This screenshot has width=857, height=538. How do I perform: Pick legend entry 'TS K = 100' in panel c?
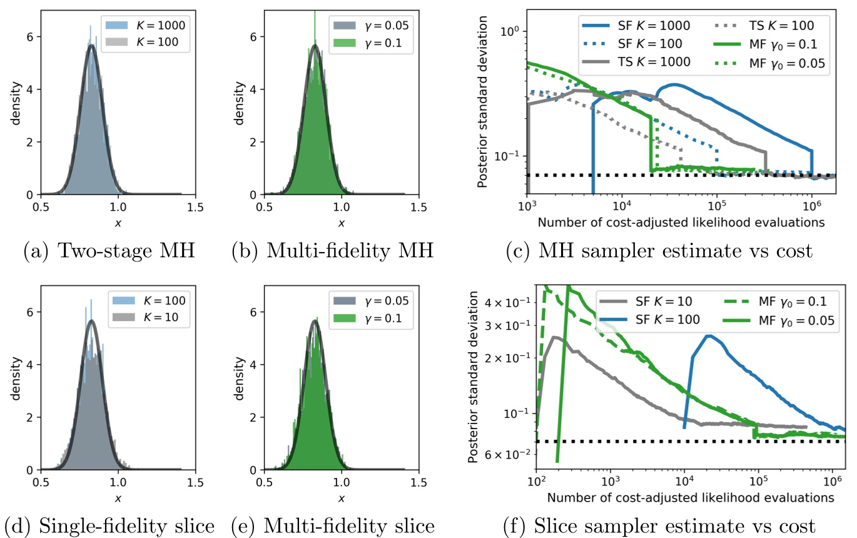tap(773, 26)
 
